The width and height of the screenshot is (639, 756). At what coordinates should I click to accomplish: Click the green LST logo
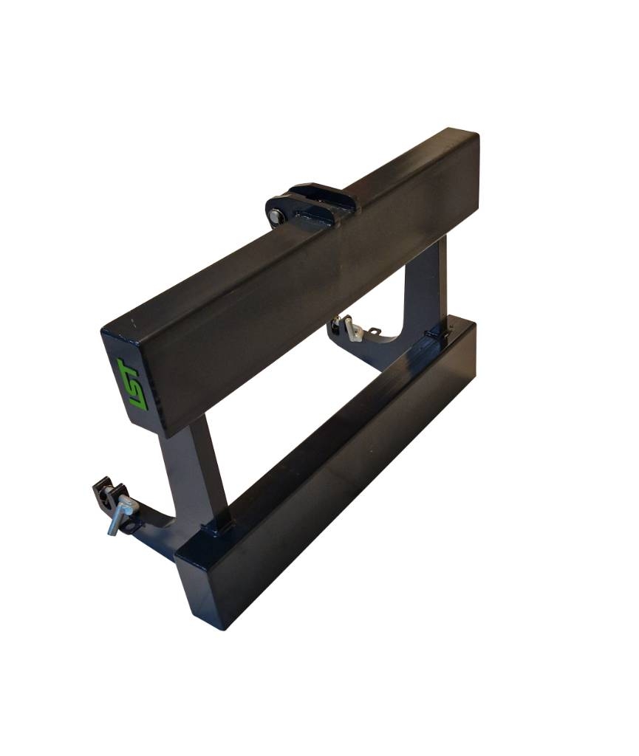point(133,384)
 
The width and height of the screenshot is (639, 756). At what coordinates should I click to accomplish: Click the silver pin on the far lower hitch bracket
point(351,329)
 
